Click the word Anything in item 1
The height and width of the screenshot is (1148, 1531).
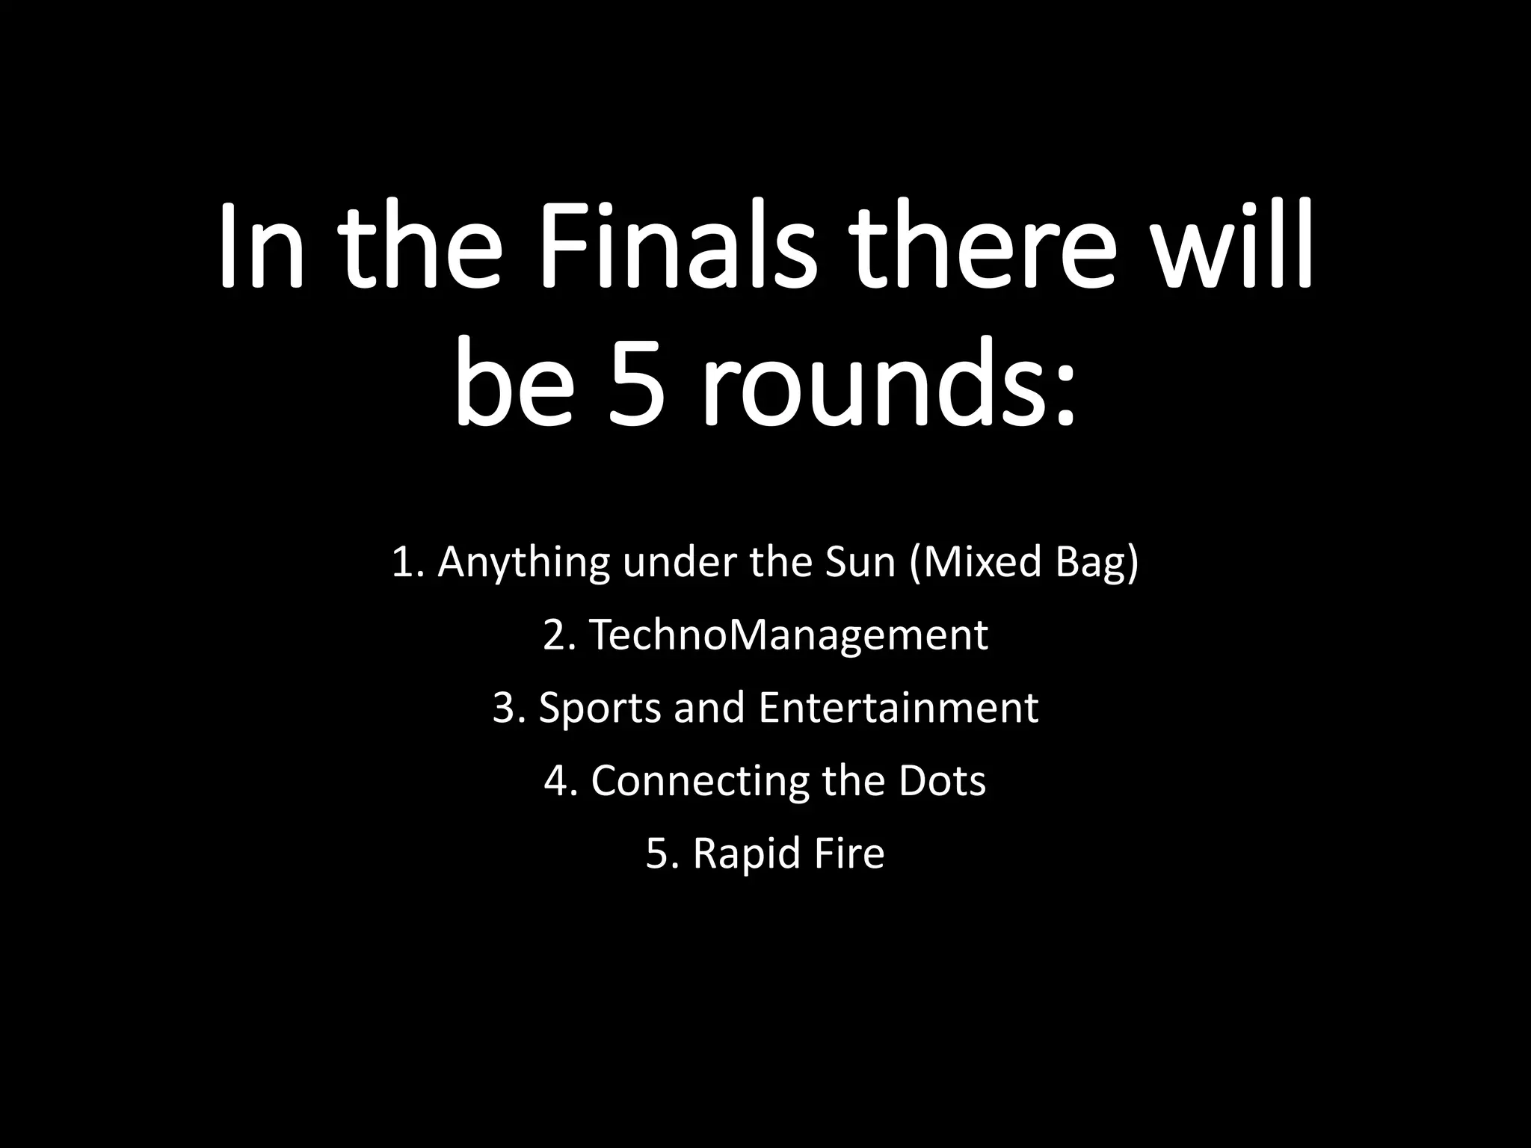523,562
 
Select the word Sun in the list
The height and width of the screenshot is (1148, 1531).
860,562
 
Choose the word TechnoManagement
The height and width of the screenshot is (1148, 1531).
789,635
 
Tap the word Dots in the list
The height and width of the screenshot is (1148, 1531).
942,780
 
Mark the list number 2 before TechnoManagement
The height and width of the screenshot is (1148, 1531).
555,635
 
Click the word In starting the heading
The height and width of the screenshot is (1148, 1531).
262,243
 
